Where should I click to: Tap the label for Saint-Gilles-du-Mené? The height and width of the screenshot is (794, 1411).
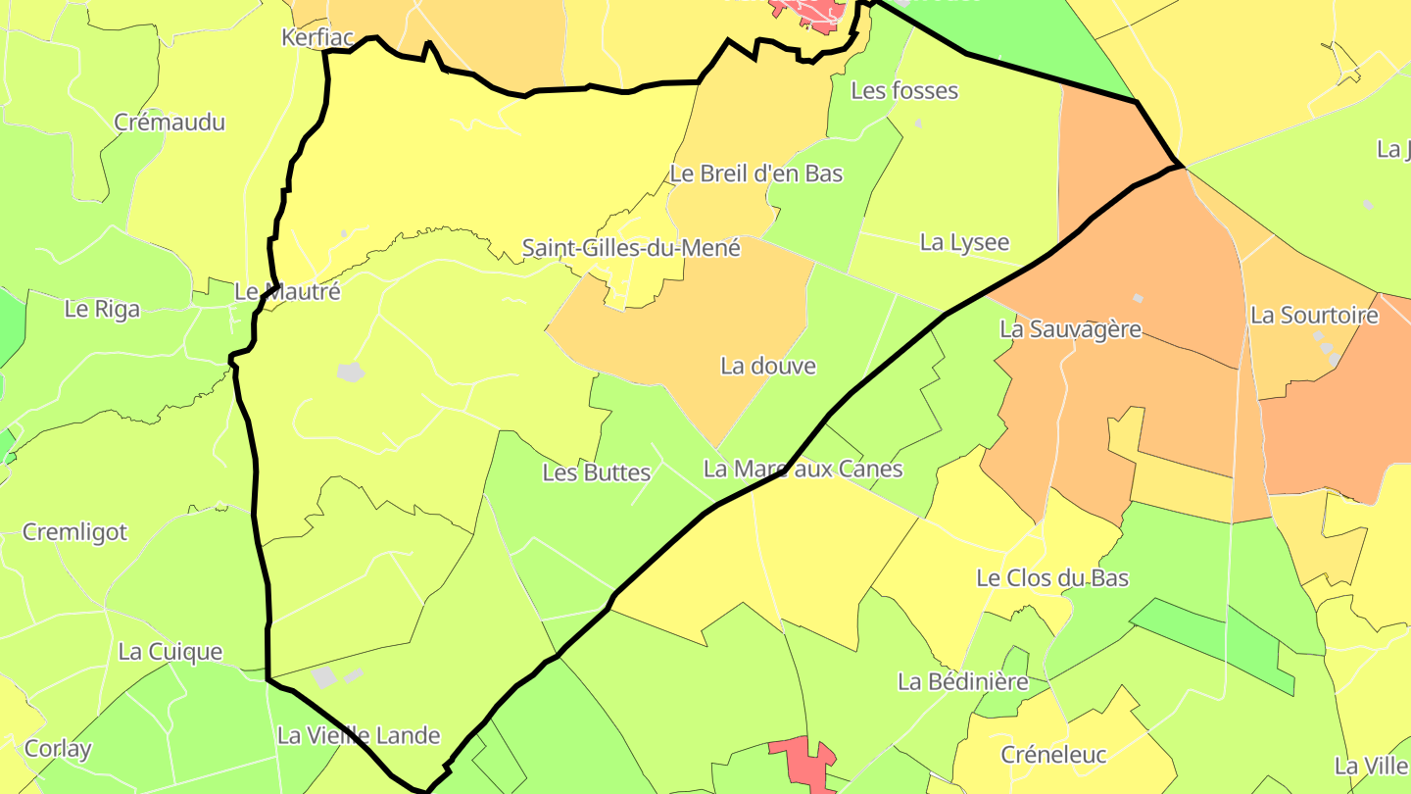point(631,248)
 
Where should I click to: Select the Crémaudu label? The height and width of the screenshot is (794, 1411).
point(170,123)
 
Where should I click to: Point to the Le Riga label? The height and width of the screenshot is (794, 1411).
point(102,309)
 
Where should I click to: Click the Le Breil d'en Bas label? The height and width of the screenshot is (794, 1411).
point(756,174)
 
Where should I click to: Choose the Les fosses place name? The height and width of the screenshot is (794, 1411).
point(904,91)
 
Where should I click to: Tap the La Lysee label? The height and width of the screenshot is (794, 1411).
point(964,242)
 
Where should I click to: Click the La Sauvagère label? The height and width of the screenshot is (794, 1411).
point(1070,329)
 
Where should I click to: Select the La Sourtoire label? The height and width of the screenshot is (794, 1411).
point(1314,316)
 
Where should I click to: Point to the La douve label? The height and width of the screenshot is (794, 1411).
point(768,367)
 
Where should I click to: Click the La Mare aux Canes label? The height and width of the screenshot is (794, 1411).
point(803,469)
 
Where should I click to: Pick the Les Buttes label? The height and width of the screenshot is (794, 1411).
point(597,472)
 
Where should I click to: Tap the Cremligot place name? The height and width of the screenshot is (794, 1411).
point(75,532)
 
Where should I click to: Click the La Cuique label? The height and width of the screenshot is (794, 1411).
point(170,652)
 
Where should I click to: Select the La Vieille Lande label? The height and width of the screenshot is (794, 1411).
point(359,735)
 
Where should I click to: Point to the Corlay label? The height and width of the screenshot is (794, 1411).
point(58,749)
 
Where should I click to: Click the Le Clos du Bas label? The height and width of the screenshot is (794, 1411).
point(1052,578)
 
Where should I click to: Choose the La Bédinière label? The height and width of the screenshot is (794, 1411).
point(963,681)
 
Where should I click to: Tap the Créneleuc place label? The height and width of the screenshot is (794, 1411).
point(1053,755)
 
